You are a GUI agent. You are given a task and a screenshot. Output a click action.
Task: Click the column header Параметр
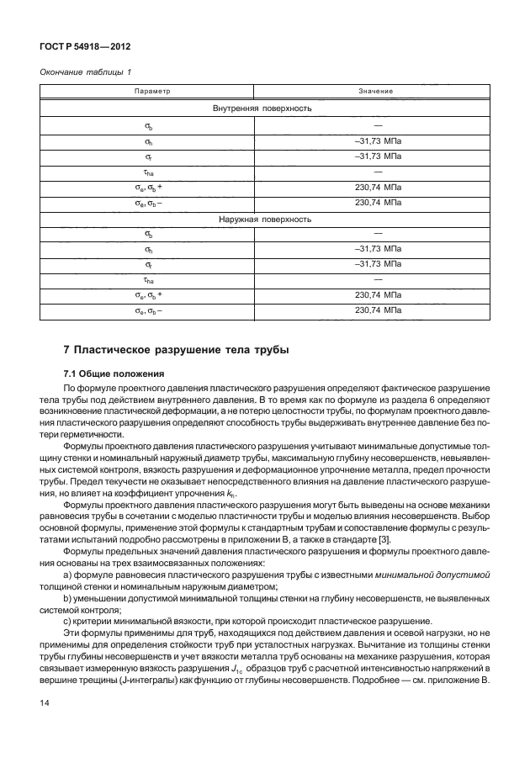click(x=152, y=90)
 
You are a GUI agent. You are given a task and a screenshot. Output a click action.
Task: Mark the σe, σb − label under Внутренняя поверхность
click(x=149, y=203)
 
